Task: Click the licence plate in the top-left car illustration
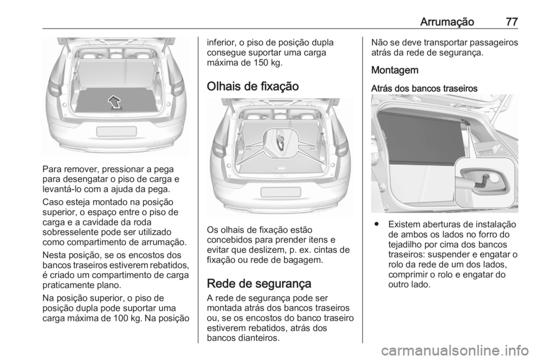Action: tap(116, 131)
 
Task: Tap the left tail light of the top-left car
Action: tap(56, 87)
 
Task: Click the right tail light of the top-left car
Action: tap(176, 87)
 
